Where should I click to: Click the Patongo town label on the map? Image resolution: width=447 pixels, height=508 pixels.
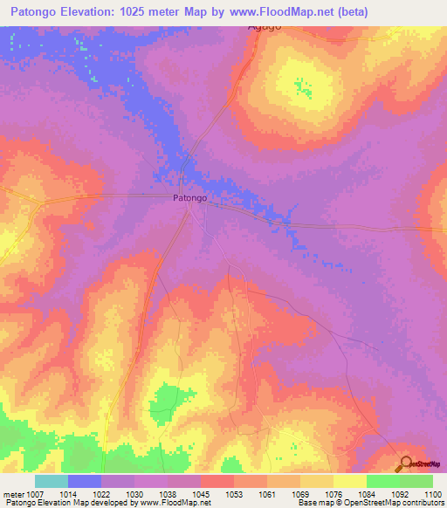tap(189, 199)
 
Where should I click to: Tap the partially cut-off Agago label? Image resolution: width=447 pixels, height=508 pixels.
tap(265, 28)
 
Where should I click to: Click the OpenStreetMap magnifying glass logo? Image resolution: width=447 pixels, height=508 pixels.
tap(406, 463)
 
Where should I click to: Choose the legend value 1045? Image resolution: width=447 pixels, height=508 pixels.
tap(202, 494)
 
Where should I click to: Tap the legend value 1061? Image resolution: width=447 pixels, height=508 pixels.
tap(267, 494)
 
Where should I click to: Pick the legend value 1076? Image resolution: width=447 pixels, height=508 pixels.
tap(333, 494)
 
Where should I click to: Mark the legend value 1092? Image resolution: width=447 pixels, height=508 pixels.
tap(399, 494)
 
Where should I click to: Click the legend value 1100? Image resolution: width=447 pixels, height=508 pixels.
tap(432, 494)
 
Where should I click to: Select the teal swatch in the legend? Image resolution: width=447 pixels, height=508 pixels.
tap(52, 481)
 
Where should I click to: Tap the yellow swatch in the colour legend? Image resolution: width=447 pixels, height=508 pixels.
tap(349, 481)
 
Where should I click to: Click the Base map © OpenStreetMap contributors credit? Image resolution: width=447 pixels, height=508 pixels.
tap(370, 504)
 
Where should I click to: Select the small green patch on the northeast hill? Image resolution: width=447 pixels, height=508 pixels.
tap(304, 87)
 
